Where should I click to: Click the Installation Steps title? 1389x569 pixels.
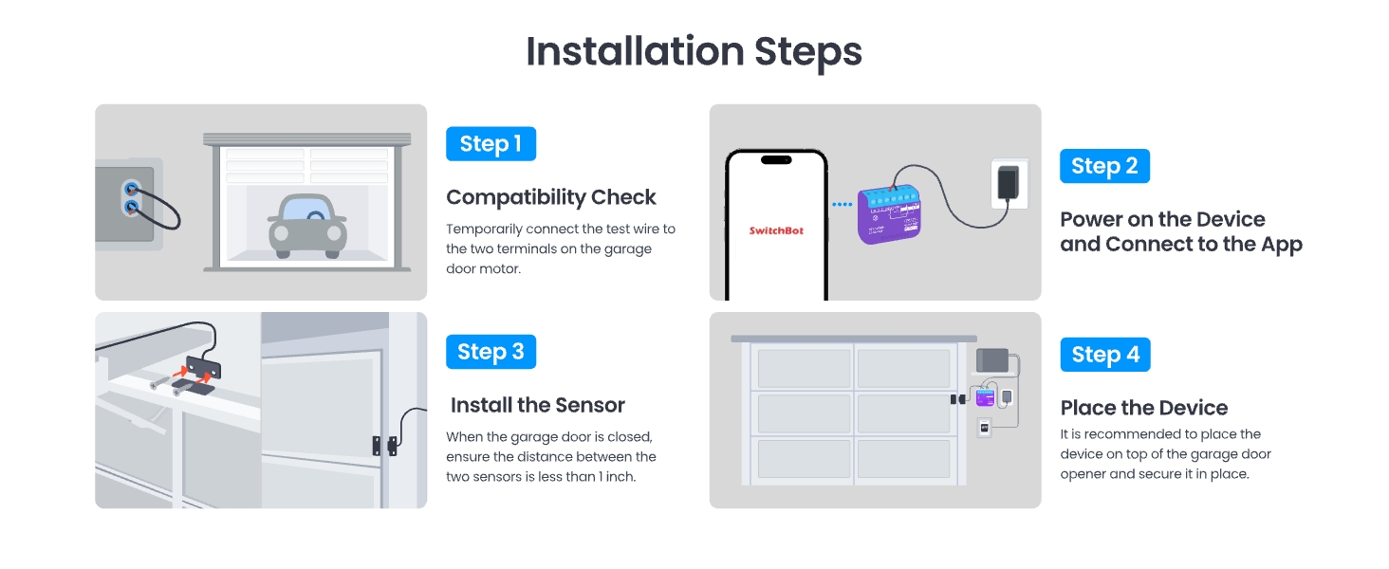pos(694,51)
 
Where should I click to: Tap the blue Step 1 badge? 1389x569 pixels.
pos(491,144)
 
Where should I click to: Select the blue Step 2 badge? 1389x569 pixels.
pos(1104,166)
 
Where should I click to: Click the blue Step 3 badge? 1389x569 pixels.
pos(491,352)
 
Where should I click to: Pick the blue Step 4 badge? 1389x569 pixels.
pos(1104,355)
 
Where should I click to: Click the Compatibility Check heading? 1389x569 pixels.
pos(551,197)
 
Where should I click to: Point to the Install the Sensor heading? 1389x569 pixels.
pos(537,406)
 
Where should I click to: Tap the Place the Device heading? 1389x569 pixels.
pos(1143,408)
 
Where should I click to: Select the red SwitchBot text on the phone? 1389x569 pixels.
pos(776,230)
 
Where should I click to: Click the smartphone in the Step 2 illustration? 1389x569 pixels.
pos(776,224)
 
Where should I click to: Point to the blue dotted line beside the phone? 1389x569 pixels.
pos(842,204)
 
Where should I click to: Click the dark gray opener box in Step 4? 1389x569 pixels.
pos(992,360)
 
